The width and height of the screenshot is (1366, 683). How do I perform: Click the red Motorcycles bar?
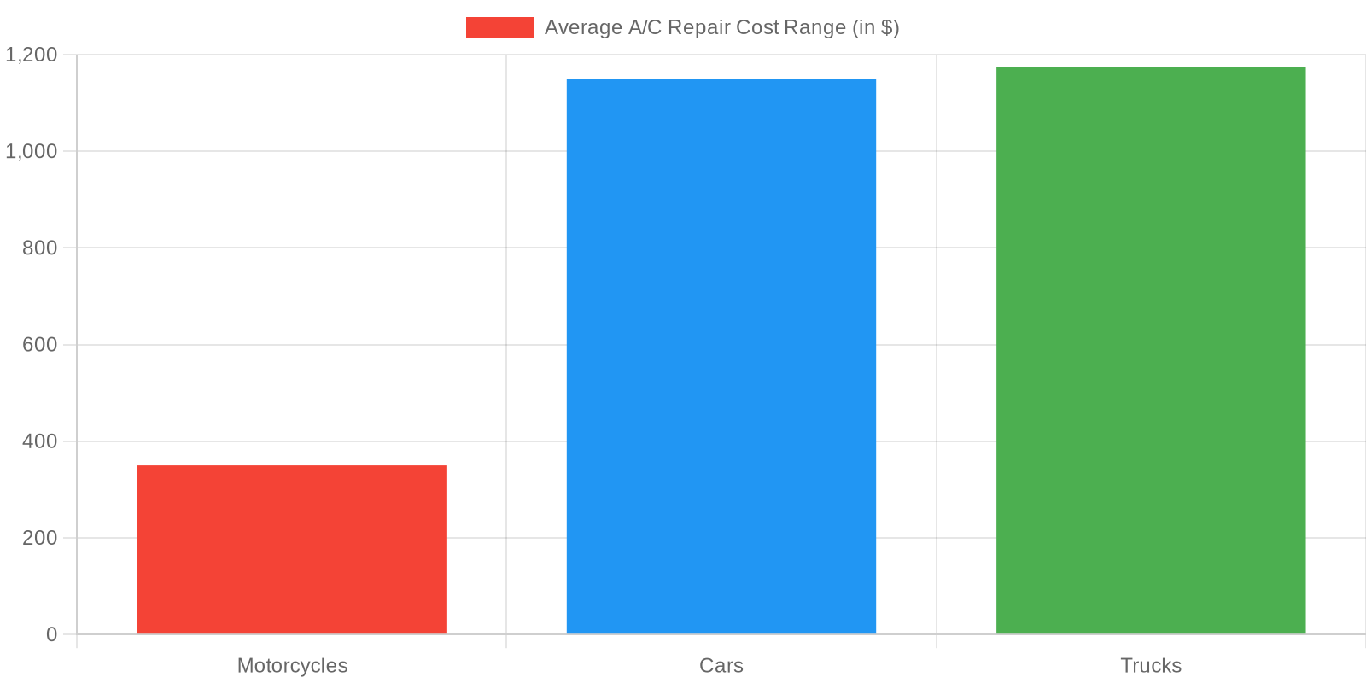pos(291,550)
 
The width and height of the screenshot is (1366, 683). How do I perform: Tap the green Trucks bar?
pos(1151,350)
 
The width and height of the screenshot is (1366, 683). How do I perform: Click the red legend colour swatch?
pos(499,27)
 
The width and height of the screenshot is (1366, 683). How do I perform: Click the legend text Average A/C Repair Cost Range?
pos(721,27)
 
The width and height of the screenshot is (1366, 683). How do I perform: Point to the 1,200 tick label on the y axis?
pos(32,55)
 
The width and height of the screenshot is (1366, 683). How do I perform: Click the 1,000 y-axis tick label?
pos(32,152)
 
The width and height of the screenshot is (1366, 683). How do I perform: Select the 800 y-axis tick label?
pos(40,248)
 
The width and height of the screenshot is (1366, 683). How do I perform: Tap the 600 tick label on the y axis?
pos(40,345)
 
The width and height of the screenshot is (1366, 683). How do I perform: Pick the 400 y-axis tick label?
pos(40,441)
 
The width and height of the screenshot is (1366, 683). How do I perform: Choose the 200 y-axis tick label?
pos(40,538)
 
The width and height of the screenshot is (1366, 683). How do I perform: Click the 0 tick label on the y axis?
pos(52,634)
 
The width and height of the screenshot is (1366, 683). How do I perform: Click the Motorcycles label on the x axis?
pos(292,666)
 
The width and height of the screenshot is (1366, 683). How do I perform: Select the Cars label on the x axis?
pos(721,666)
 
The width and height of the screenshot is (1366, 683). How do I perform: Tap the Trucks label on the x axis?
pos(1151,666)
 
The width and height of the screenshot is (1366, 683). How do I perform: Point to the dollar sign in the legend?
pos(885,27)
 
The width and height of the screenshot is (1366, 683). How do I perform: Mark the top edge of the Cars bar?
pos(721,79)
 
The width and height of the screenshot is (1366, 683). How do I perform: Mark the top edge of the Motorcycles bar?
pos(291,466)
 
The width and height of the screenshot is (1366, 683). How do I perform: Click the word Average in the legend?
pos(583,27)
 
